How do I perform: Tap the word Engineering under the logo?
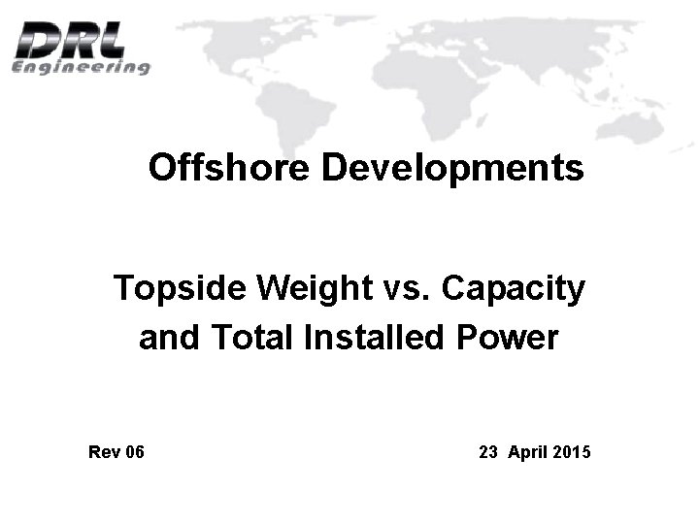pyautogui.click(x=81, y=67)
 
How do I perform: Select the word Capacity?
pyautogui.click(x=513, y=288)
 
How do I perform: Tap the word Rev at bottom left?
pyautogui.click(x=102, y=452)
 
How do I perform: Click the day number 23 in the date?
pyautogui.click(x=488, y=452)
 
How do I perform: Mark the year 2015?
pyautogui.click(x=572, y=452)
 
